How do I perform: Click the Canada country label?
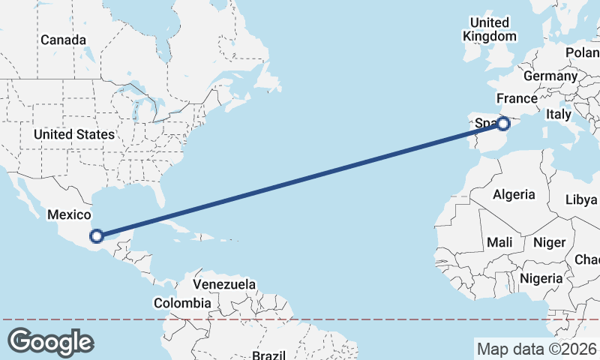[63, 40]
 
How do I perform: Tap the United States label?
[73, 134]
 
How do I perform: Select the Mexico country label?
[69, 214]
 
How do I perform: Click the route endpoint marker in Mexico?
[96, 236]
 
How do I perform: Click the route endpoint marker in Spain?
[504, 123]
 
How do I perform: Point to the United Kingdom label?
[490, 29]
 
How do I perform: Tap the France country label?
[517, 98]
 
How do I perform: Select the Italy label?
[559, 114]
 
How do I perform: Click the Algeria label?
[514, 194]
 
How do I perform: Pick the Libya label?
[581, 200]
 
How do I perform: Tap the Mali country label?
[499, 242]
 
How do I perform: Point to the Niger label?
[548, 242]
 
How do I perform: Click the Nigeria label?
[541, 278]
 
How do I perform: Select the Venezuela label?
[224, 285]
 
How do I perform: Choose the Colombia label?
[182, 303]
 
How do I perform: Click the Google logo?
[50, 342]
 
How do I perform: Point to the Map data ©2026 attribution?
[536, 349]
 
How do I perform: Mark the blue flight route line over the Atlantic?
[300, 180]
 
